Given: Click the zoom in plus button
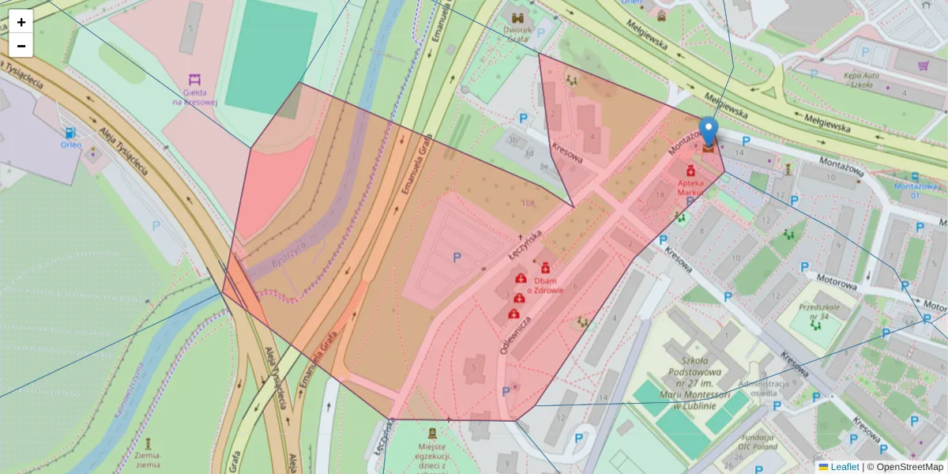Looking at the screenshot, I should [x=21, y=22].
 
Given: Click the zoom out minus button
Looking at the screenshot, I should [x=21, y=46].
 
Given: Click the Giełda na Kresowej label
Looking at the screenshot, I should [x=194, y=96].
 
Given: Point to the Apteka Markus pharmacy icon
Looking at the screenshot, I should [x=690, y=171].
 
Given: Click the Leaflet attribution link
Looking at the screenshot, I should [x=845, y=467].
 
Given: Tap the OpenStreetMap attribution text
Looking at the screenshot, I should [x=909, y=467].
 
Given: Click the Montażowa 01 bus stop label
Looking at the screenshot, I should [x=914, y=190].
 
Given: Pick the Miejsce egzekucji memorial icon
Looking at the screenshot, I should [x=432, y=433].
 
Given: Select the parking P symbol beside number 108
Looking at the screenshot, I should [x=457, y=258].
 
